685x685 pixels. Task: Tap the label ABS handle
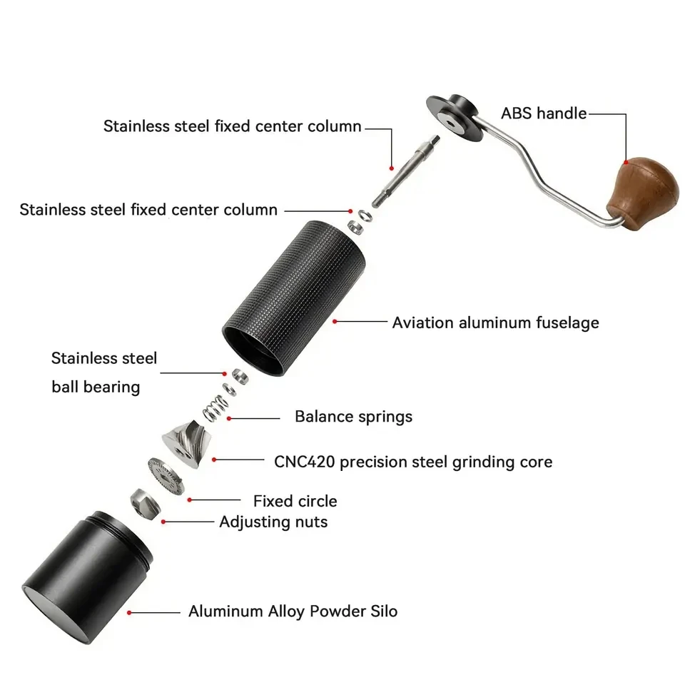(x=544, y=113)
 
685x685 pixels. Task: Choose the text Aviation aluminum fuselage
(x=495, y=323)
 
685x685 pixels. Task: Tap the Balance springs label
(x=353, y=416)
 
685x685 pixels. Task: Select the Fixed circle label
(x=295, y=501)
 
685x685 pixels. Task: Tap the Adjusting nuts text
(x=273, y=522)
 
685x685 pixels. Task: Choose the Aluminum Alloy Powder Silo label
(x=293, y=612)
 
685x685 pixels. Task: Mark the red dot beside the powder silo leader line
(x=129, y=612)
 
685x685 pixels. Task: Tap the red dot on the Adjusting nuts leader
(x=164, y=522)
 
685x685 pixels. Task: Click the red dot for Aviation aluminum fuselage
(x=335, y=322)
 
